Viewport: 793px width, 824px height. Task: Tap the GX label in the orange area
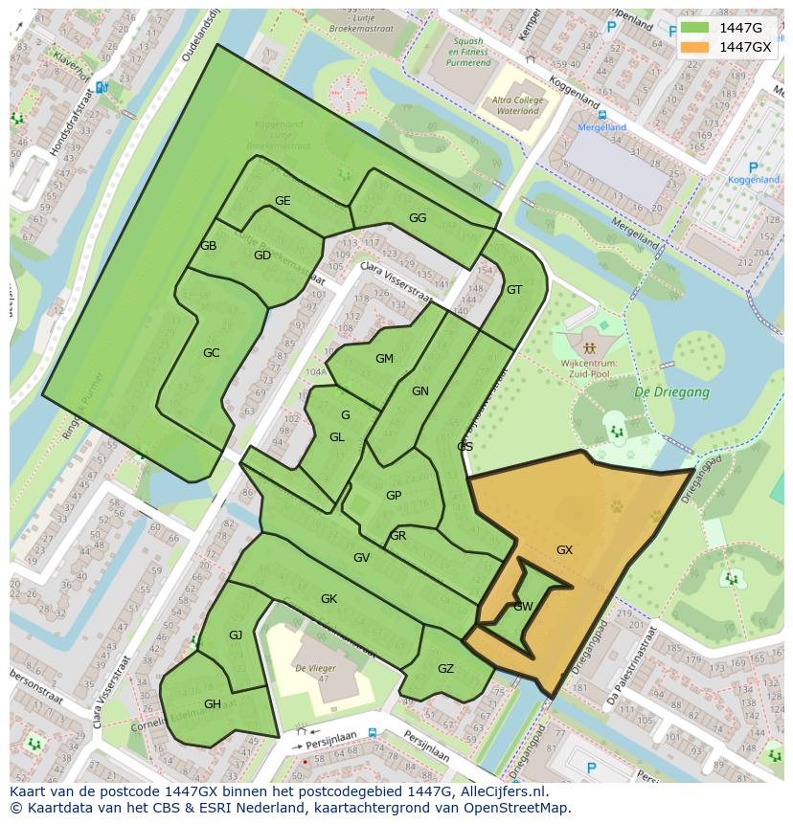click(564, 550)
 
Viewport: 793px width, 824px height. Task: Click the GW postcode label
click(523, 607)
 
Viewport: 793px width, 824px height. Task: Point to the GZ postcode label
click(445, 669)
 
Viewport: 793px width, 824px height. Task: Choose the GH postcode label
click(213, 704)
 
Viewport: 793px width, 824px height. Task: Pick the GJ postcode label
click(236, 635)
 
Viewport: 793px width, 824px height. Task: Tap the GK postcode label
click(329, 599)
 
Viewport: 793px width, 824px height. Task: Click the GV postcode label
click(361, 558)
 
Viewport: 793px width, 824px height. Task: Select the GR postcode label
click(397, 536)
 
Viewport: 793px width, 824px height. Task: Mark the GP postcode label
click(393, 496)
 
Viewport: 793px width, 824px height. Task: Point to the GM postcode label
click(384, 359)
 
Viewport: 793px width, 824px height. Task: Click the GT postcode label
click(514, 290)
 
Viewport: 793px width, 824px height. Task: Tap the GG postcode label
click(418, 218)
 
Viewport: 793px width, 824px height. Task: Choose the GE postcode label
click(283, 201)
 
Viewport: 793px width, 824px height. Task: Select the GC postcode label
click(211, 353)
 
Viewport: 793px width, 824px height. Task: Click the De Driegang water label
click(671, 392)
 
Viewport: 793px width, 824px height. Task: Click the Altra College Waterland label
click(517, 105)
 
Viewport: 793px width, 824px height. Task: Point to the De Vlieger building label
click(313, 668)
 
